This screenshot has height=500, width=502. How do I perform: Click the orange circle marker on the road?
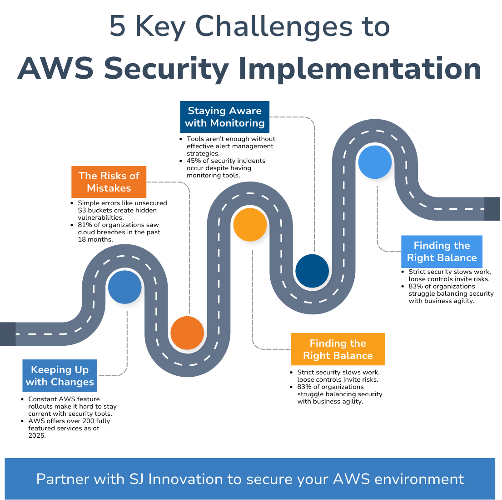[x=187, y=333]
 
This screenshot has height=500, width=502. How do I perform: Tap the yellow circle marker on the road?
[x=250, y=224]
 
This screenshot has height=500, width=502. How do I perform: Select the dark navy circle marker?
[x=312, y=271]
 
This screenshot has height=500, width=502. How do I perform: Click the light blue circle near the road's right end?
[x=375, y=162]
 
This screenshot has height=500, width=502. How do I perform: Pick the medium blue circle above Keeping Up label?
[x=125, y=287]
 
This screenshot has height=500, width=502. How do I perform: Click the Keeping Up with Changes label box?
[x=60, y=376]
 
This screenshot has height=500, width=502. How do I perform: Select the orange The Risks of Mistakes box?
[x=109, y=182]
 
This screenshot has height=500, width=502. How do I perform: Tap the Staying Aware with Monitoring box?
[x=225, y=117]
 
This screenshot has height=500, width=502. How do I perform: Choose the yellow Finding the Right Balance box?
[x=338, y=349]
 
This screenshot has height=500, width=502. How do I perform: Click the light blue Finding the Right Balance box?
[x=442, y=252]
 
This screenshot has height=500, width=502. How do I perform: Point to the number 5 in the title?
[x=117, y=26]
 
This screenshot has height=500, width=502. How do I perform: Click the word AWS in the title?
[x=55, y=69]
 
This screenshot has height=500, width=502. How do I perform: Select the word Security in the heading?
[x=166, y=69]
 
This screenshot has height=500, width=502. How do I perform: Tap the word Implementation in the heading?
[x=359, y=69]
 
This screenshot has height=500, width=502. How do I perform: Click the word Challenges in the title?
[x=274, y=26]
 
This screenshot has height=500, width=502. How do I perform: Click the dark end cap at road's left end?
[x=8, y=334]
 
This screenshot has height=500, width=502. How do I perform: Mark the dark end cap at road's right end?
[x=492, y=209]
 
